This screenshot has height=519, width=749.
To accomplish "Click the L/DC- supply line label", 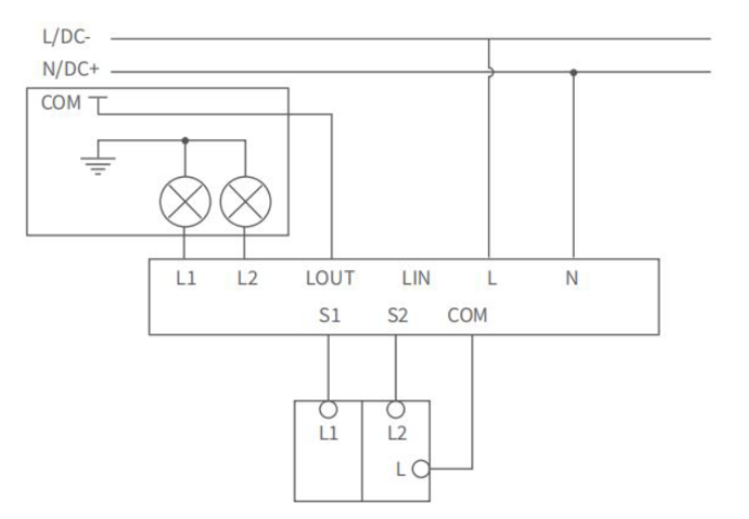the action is click(x=66, y=37).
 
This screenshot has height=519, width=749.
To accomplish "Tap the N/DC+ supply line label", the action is click(x=70, y=69).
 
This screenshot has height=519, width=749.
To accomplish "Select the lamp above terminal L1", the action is click(x=185, y=201).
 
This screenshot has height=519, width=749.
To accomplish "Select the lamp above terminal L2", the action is click(x=245, y=201).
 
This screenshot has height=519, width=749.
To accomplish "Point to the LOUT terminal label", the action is click(x=330, y=278).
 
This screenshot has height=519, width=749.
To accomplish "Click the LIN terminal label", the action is click(x=416, y=278).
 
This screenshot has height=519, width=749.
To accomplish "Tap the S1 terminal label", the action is click(x=330, y=316).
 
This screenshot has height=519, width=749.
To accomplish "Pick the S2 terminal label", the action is click(x=397, y=316).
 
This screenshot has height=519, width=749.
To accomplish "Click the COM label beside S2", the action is click(x=467, y=316).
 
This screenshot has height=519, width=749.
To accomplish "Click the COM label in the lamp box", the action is click(x=61, y=103).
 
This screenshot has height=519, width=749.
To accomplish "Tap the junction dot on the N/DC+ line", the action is click(x=573, y=73).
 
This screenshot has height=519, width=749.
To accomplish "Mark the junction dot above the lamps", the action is click(x=185, y=141).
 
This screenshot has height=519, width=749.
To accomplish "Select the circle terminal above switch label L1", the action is click(x=328, y=410).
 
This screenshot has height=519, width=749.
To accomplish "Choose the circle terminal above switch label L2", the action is click(x=396, y=410).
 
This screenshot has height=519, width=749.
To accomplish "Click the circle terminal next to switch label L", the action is click(x=421, y=469).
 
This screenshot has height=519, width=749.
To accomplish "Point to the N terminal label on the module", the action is click(x=571, y=278).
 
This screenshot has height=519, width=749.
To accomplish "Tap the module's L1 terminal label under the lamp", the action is click(x=185, y=278).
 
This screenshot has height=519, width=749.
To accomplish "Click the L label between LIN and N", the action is click(x=491, y=278).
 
